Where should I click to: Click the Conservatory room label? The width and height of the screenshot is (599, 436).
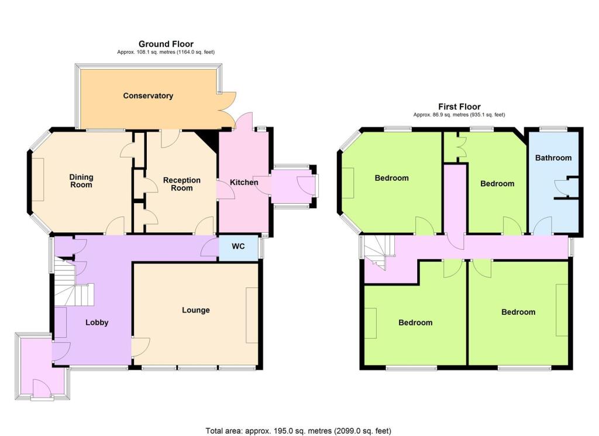[x=148, y=95]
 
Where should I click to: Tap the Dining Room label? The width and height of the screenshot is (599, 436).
[x=81, y=181]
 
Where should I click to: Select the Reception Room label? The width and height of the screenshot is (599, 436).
[x=181, y=184]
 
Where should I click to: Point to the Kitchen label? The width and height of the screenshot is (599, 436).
[x=244, y=183]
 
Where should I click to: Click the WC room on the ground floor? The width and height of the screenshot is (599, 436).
[x=238, y=246]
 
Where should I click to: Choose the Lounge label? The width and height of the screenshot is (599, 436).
[x=195, y=310]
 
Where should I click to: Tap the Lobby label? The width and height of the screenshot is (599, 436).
[x=97, y=322]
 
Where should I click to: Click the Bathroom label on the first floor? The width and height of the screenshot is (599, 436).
[x=553, y=157]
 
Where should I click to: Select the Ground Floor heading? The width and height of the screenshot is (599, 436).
[x=166, y=44]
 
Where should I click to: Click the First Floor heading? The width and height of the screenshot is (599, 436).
[x=459, y=107]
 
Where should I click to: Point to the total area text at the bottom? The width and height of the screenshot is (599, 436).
[x=298, y=431]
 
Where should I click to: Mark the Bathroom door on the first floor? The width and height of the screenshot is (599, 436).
[x=542, y=226]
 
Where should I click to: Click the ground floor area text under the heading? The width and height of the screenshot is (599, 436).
[x=166, y=52]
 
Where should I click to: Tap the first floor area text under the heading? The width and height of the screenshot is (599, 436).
[x=459, y=115]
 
